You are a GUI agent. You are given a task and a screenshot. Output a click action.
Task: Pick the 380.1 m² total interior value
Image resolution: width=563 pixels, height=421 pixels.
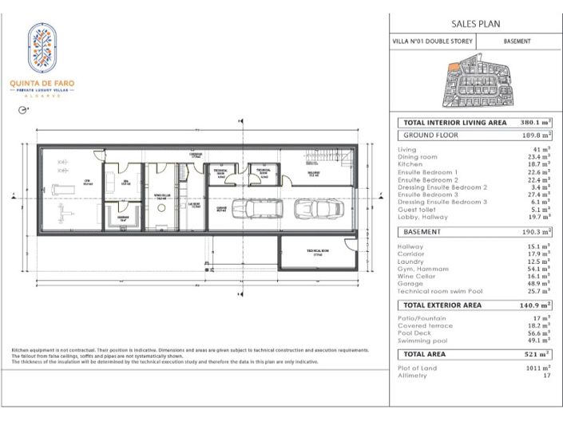(533, 123)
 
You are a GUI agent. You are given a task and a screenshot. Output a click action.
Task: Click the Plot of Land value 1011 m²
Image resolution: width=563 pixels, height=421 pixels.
(536, 368)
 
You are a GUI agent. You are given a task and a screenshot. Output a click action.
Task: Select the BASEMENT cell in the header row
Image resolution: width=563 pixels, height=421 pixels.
(517, 41)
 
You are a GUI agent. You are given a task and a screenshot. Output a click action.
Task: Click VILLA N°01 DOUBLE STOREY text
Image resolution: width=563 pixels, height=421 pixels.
(432, 41)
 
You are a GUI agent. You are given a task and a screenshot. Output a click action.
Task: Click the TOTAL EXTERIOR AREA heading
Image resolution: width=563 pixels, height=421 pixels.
(454, 305)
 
